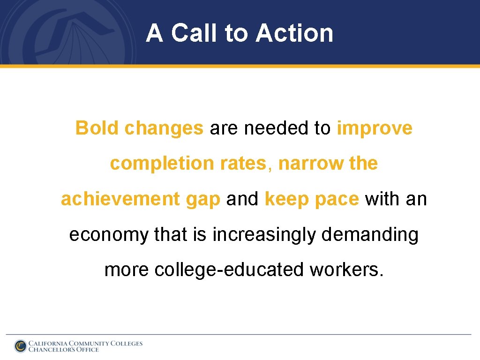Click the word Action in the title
pos(295,33)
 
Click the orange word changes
pos(164,128)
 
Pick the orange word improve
pos(375,128)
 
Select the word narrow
pos(311,164)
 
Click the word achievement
pos(120,199)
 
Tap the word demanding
pos(370,235)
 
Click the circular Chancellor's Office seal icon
pos(21,346)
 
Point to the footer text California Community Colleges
pos(85,343)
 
